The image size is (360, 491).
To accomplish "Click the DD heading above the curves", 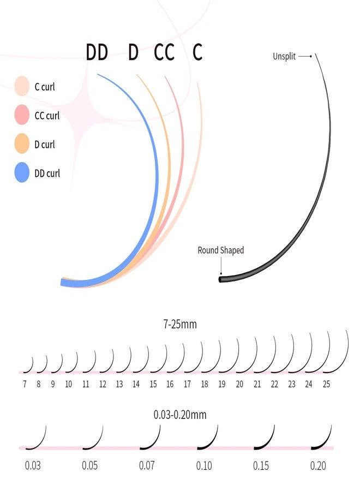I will (x=97, y=53).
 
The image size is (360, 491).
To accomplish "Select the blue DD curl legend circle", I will (x=22, y=173).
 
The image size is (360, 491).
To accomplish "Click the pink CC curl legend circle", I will (x=22, y=116).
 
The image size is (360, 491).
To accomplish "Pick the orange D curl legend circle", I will (x=22, y=145).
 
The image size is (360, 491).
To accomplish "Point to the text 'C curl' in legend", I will (x=44, y=87).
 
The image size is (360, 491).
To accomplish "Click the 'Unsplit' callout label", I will (x=284, y=56).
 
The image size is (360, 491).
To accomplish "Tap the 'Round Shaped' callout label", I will (x=220, y=250).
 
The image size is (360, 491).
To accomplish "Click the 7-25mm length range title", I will (x=179, y=325).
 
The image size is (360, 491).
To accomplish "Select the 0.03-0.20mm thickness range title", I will (x=180, y=415).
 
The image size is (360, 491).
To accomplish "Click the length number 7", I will (x=25, y=384).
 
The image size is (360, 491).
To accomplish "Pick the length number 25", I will (x=326, y=384).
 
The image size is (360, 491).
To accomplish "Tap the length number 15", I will (x=153, y=384).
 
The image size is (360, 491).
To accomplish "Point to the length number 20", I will (x=239, y=384).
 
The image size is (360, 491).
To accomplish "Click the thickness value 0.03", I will (x=33, y=466).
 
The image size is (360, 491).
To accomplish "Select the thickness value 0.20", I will (x=318, y=466).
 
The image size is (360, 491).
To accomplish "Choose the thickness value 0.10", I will (x=204, y=466).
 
